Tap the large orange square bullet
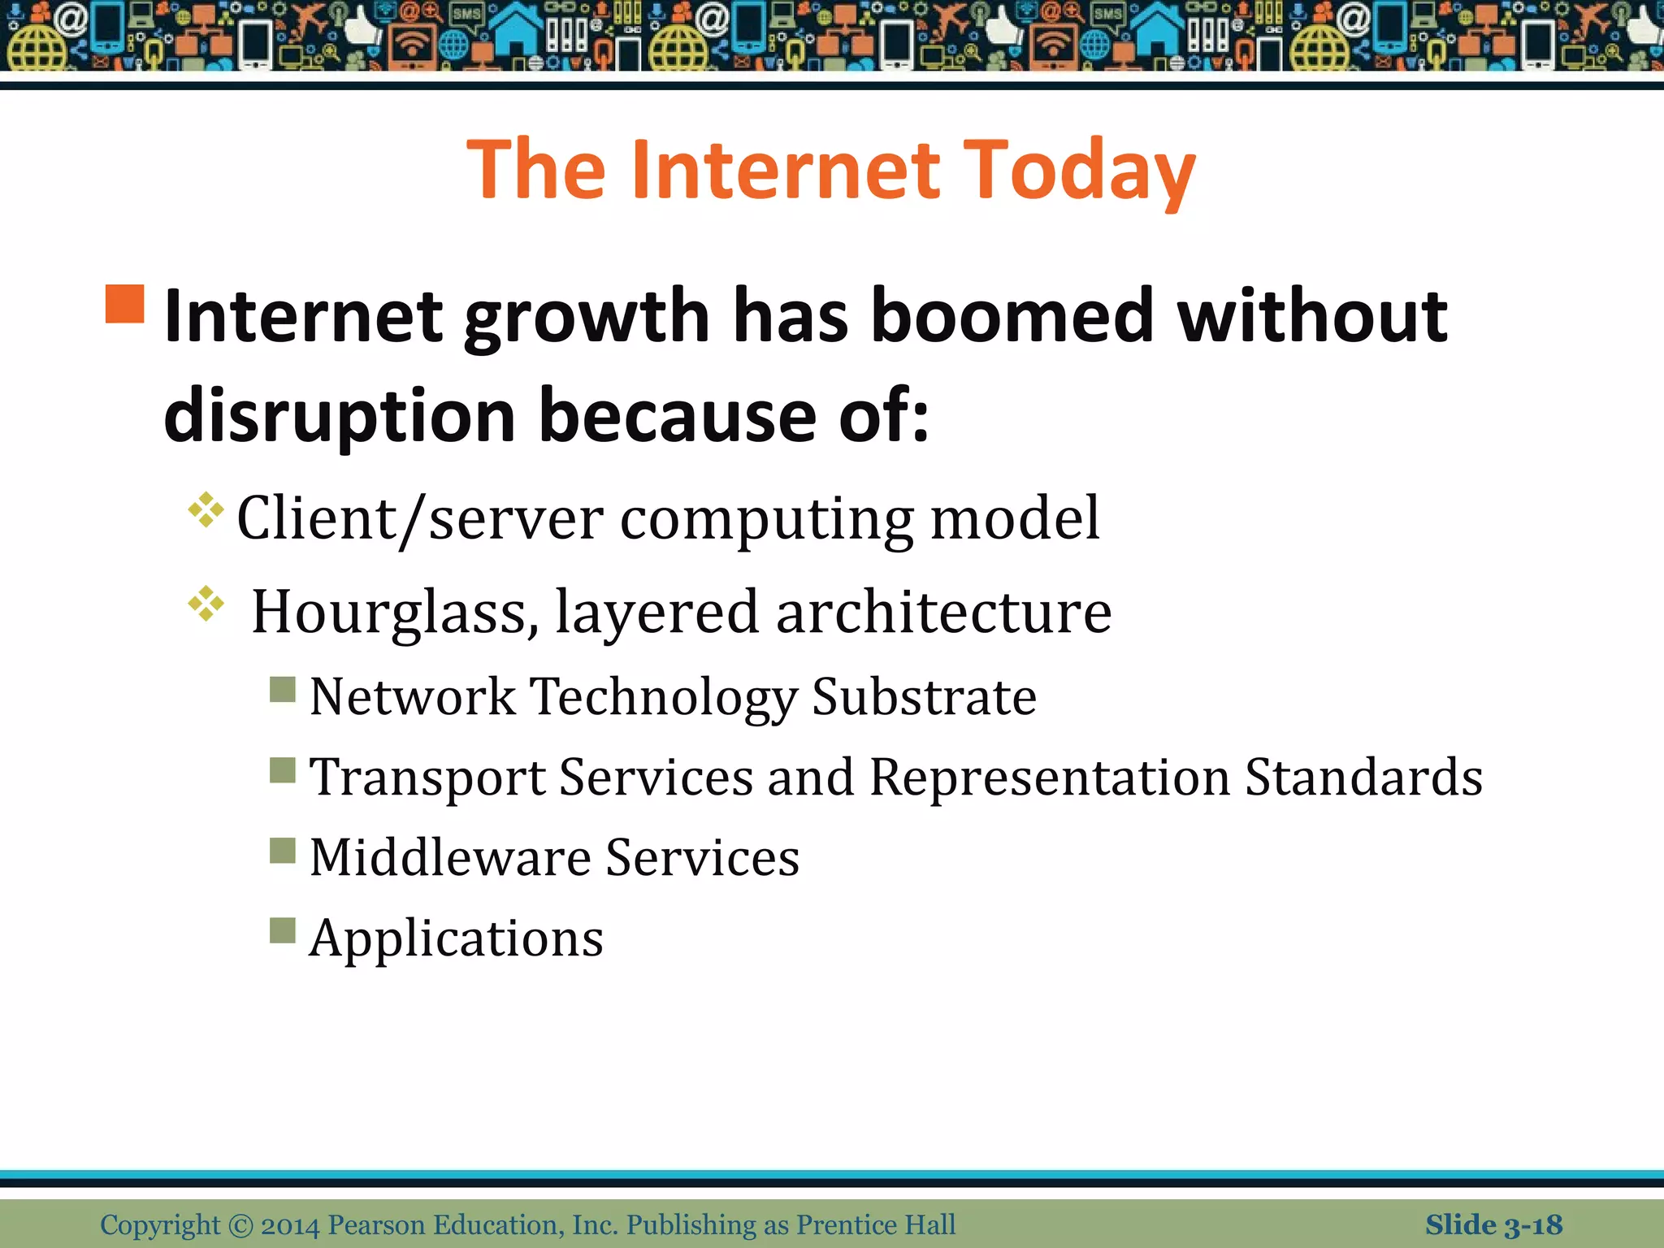(125, 304)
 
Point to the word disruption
(340, 416)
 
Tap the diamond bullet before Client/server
(206, 510)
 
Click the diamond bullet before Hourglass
(206, 604)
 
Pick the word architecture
(944, 612)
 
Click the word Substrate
(924, 697)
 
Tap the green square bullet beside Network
(283, 690)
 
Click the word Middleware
(450, 857)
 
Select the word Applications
(457, 938)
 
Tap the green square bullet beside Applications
(283, 930)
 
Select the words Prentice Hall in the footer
(875, 1224)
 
